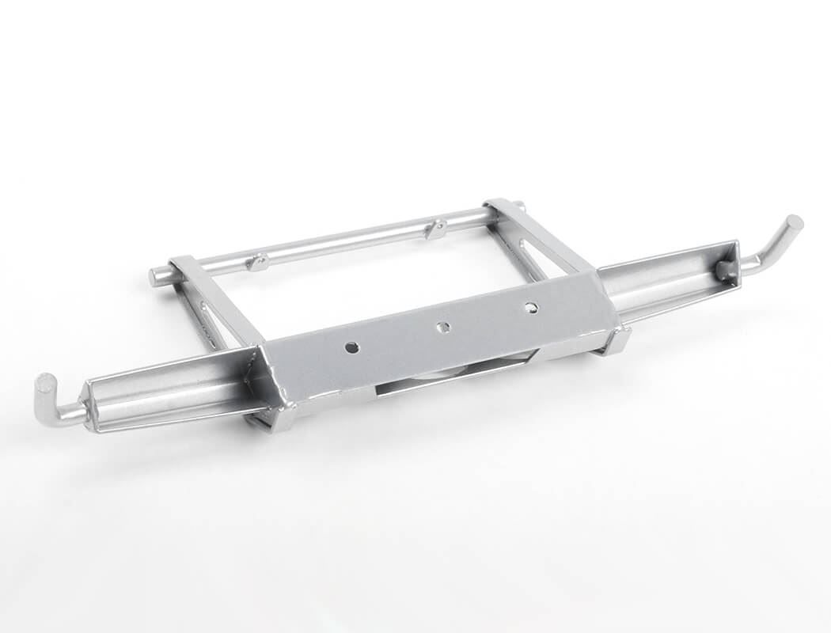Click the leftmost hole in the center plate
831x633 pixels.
pos(352,347)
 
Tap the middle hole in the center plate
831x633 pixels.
pos(444,327)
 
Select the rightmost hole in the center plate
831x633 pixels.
pos(531,307)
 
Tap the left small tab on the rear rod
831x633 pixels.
pos(257,262)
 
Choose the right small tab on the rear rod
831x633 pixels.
pos(434,229)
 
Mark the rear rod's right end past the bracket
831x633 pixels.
pos(519,207)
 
